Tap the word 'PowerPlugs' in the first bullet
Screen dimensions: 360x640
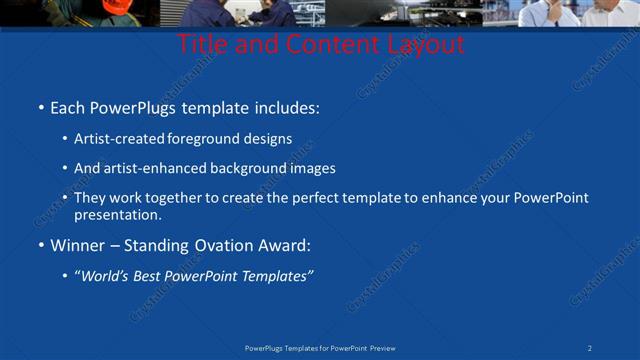point(130,106)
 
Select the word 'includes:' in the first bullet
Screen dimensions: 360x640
point(285,106)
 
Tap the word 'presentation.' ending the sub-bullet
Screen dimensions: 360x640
point(118,214)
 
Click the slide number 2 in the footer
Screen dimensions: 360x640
point(590,348)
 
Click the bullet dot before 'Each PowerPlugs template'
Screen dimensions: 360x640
point(40,107)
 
